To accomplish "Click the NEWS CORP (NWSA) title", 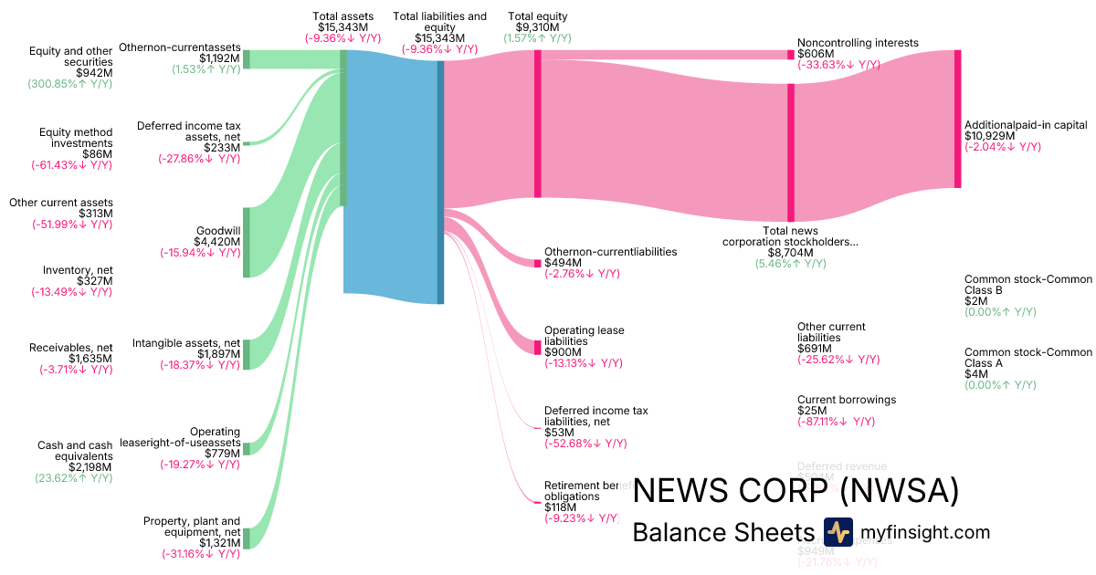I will pyautogui.click(x=796, y=491).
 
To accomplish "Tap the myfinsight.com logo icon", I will pyautogui.click(x=838, y=532).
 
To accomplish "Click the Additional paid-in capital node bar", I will pyautogui.click(x=957, y=119).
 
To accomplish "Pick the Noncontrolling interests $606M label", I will pyautogui.click(x=857, y=54).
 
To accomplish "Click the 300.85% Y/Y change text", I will pyautogui.click(x=70, y=83).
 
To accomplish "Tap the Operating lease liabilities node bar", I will pyautogui.click(x=537, y=347).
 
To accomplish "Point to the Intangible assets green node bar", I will pyautogui.click(x=246, y=354).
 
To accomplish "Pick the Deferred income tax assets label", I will pyautogui.click(x=188, y=141).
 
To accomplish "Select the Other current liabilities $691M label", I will pyautogui.click(x=831, y=343).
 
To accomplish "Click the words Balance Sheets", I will pyautogui.click(x=722, y=533).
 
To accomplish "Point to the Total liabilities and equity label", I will pyautogui.click(x=439, y=27).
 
